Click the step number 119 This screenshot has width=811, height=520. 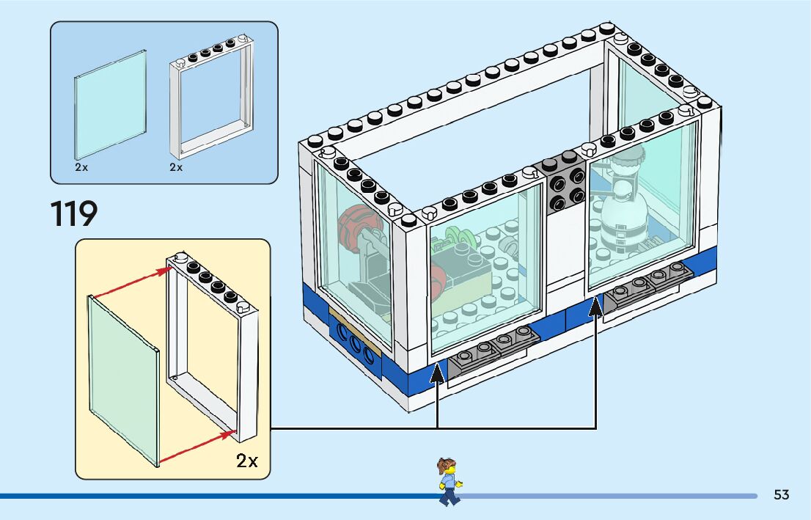coord(74,213)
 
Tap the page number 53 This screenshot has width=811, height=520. coord(781,495)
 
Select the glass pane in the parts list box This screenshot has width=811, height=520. coord(110,103)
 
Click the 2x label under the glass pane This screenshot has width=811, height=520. coord(81,167)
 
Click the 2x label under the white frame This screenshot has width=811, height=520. coord(176,167)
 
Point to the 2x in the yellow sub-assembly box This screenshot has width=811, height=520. coord(247,461)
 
